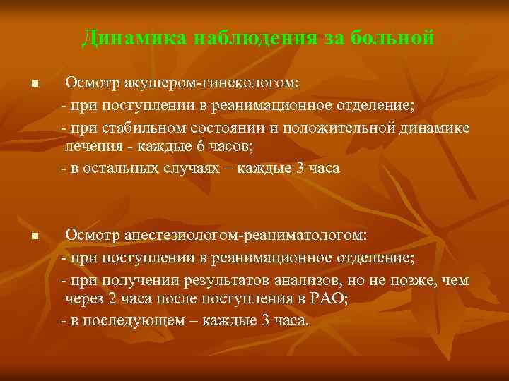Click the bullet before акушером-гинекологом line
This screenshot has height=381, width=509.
pyautogui.click(x=33, y=85)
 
